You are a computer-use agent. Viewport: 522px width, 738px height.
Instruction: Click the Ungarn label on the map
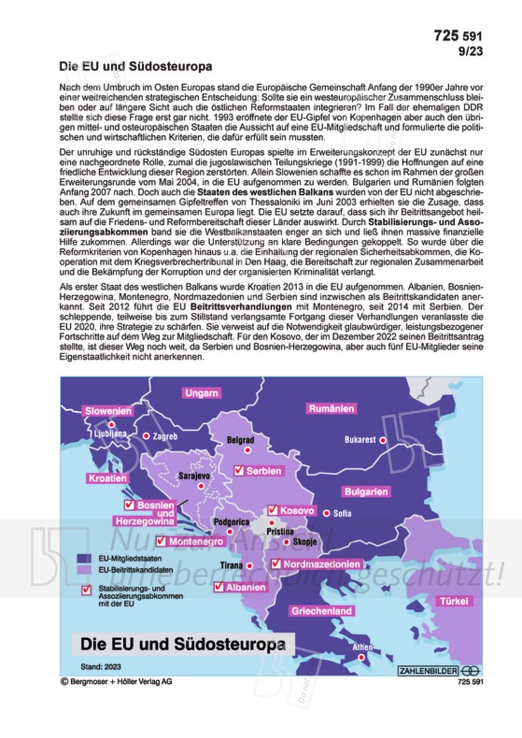202,393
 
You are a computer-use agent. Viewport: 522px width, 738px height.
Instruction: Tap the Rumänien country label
331,409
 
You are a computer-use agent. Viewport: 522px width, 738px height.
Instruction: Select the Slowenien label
108,411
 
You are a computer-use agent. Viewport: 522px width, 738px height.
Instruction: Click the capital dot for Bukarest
383,440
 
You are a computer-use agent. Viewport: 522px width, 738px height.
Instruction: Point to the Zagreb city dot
147,436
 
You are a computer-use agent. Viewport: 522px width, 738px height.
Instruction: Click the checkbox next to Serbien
238,471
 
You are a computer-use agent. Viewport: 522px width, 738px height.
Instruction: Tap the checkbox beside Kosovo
273,510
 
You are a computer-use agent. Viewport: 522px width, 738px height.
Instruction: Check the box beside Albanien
219,587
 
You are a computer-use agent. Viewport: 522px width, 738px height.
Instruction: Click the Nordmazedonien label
321,565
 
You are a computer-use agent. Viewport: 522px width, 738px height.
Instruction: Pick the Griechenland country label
321,611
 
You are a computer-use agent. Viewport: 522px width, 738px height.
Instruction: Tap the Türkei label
453,601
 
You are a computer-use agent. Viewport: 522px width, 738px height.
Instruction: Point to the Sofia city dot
327,514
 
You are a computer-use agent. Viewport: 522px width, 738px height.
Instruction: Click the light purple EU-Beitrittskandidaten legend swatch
85,570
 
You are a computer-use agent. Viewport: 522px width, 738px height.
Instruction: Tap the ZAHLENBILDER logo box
428,670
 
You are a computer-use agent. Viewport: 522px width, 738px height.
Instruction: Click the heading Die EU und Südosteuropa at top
135,66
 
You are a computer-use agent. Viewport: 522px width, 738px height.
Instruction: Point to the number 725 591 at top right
458,36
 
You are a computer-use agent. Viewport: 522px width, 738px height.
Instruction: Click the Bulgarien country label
366,492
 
